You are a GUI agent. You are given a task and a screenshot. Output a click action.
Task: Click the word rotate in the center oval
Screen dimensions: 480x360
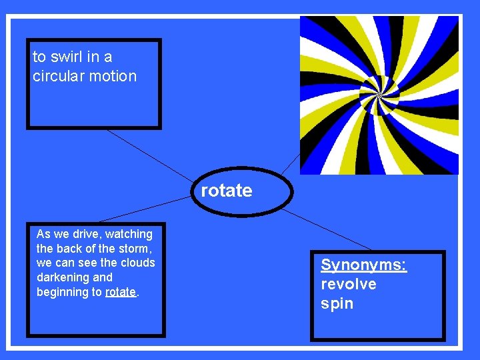click(227, 191)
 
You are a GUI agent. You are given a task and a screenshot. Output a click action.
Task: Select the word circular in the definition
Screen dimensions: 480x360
click(59, 76)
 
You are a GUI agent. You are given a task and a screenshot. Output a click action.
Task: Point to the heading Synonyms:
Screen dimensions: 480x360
click(363, 265)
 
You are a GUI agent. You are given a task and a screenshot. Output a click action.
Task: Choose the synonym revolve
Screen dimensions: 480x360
click(349, 285)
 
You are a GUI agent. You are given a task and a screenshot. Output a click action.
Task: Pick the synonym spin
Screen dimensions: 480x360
click(337, 304)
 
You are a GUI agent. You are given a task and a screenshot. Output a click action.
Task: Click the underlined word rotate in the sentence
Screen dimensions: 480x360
click(121, 292)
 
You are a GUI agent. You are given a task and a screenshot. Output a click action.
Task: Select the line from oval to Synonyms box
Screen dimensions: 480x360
click(327, 230)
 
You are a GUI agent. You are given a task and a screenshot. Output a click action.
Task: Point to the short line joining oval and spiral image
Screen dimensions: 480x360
click(291, 163)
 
